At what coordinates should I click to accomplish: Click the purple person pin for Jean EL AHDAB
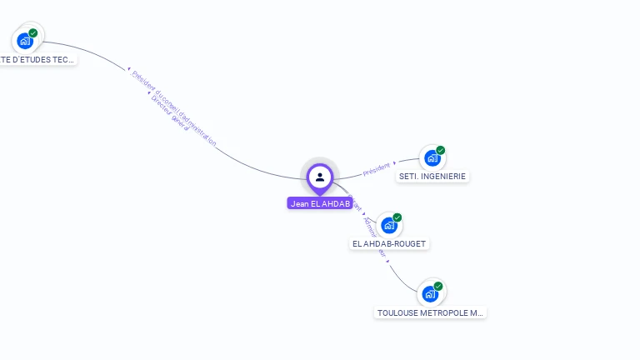pyautogui.click(x=320, y=177)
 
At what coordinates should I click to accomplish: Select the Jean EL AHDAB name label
pyautogui.click(x=320, y=203)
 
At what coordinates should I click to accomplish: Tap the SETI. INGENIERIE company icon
pyautogui.click(x=431, y=157)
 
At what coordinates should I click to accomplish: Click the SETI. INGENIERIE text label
pyautogui.click(x=432, y=177)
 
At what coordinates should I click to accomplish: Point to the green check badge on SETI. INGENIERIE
pyautogui.click(x=440, y=151)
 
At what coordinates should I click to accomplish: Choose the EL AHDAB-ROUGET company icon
pyautogui.click(x=388, y=225)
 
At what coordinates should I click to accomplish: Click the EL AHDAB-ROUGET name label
pyautogui.click(x=389, y=243)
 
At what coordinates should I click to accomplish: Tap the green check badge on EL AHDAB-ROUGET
pyautogui.click(x=397, y=217)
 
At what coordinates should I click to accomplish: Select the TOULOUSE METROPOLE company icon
pyautogui.click(x=430, y=293)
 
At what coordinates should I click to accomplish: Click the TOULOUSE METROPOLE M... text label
pyautogui.click(x=430, y=313)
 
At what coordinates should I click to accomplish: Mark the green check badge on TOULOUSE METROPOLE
pyautogui.click(x=438, y=287)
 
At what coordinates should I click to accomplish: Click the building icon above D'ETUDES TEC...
pyautogui.click(x=25, y=40)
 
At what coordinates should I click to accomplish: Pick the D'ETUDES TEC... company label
pyautogui.click(x=37, y=60)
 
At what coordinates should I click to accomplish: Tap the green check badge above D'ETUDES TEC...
pyautogui.click(x=33, y=33)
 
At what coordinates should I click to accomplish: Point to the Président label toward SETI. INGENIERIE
pyautogui.click(x=377, y=169)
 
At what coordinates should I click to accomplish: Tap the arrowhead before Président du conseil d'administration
pyautogui.click(x=128, y=69)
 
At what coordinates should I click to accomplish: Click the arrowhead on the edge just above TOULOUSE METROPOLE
pyautogui.click(x=387, y=262)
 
